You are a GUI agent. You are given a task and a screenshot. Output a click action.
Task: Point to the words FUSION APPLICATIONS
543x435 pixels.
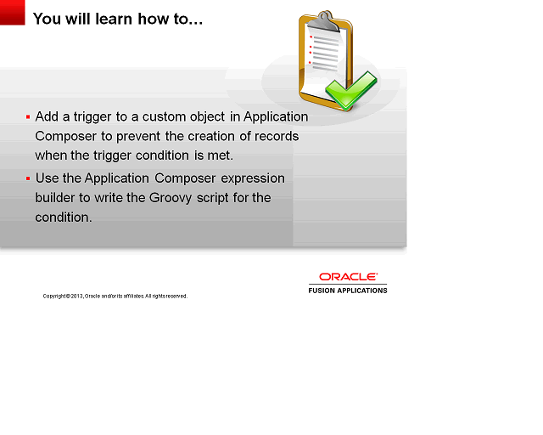(x=347, y=291)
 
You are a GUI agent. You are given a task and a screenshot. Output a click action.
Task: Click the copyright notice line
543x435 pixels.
(x=115, y=296)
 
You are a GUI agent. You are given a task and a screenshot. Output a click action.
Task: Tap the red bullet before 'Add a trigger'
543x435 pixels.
(x=28, y=116)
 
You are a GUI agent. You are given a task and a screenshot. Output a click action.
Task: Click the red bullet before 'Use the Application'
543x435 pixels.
(x=28, y=178)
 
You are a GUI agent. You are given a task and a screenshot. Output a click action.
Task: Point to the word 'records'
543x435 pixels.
(x=276, y=136)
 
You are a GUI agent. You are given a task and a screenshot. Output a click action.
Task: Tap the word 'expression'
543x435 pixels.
(x=253, y=178)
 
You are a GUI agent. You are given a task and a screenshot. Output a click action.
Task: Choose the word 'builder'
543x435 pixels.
(x=56, y=198)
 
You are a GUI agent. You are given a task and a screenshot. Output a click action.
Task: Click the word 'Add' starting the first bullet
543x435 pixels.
(x=47, y=116)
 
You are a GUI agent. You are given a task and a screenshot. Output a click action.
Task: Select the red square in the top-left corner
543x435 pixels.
(x=12, y=12)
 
